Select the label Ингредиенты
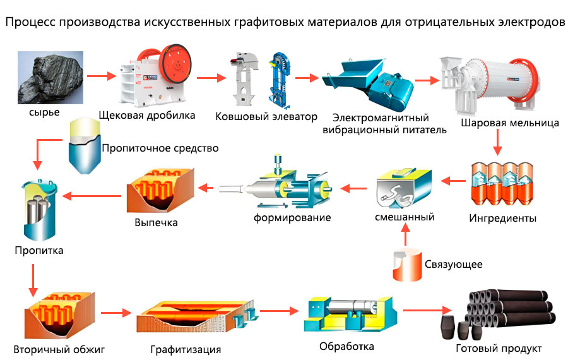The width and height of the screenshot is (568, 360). pyautogui.click(x=503, y=219)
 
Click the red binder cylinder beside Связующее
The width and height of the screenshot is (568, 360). pyautogui.click(x=406, y=265)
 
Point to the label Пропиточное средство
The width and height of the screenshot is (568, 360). pyautogui.click(x=160, y=148)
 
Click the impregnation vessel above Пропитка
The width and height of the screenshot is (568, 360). pyautogui.click(x=39, y=212)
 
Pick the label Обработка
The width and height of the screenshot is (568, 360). pyautogui.click(x=346, y=346)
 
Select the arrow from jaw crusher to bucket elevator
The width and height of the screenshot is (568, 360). pyautogui.click(x=211, y=78)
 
